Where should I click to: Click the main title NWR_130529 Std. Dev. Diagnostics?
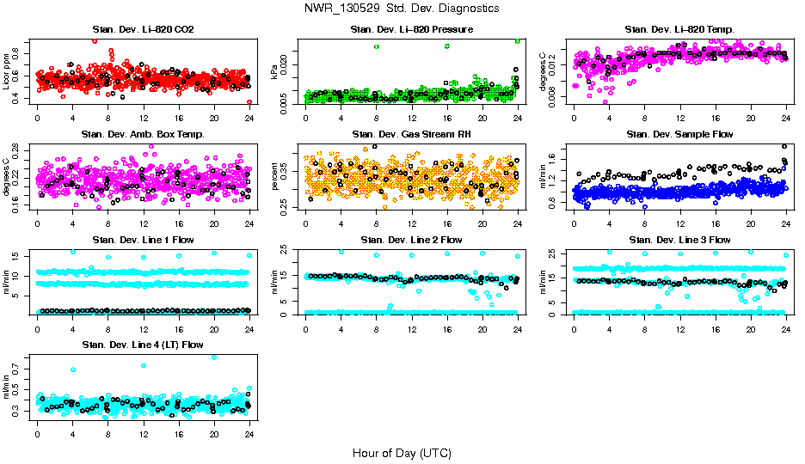tap(402, 8)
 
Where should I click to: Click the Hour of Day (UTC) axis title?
tap(402, 453)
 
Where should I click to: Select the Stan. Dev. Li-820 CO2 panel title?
tap(143, 30)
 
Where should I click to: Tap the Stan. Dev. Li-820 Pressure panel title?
tap(411, 30)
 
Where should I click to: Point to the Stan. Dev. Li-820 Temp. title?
tap(679, 30)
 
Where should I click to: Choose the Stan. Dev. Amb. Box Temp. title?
tap(143, 134)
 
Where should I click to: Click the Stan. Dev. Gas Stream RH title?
tap(411, 134)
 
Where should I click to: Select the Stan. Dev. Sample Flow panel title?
tap(679, 134)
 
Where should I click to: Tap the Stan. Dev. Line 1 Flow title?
tap(143, 240)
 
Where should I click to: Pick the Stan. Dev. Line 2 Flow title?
tap(411, 240)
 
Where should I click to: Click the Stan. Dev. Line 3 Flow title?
tap(679, 240)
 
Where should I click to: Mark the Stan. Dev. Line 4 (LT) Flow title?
tap(143, 345)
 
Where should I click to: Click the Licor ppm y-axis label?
tap(7, 71)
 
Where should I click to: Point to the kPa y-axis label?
tap(275, 72)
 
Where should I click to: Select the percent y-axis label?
tap(275, 176)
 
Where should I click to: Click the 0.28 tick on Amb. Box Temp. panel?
tap(17, 148)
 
